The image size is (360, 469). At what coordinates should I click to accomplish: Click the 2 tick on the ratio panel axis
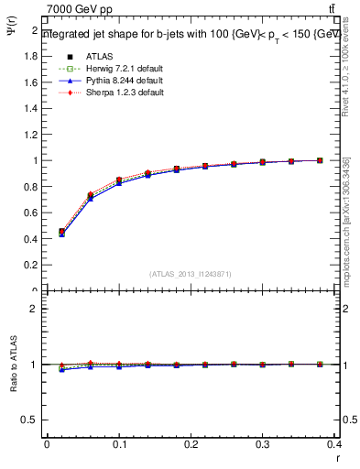34,309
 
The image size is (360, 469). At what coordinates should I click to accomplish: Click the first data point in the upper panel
61,232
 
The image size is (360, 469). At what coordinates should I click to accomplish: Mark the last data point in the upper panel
320,160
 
